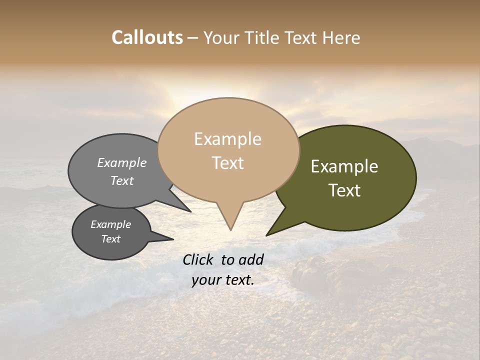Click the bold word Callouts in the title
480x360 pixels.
pyautogui.click(x=147, y=37)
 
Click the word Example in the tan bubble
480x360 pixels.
pyautogui.click(x=227, y=139)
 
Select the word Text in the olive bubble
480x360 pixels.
pyautogui.click(x=344, y=190)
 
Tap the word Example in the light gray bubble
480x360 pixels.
pyautogui.click(x=122, y=162)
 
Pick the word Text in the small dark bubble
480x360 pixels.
pyautogui.click(x=111, y=239)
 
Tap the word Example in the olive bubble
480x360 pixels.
pyautogui.click(x=344, y=166)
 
